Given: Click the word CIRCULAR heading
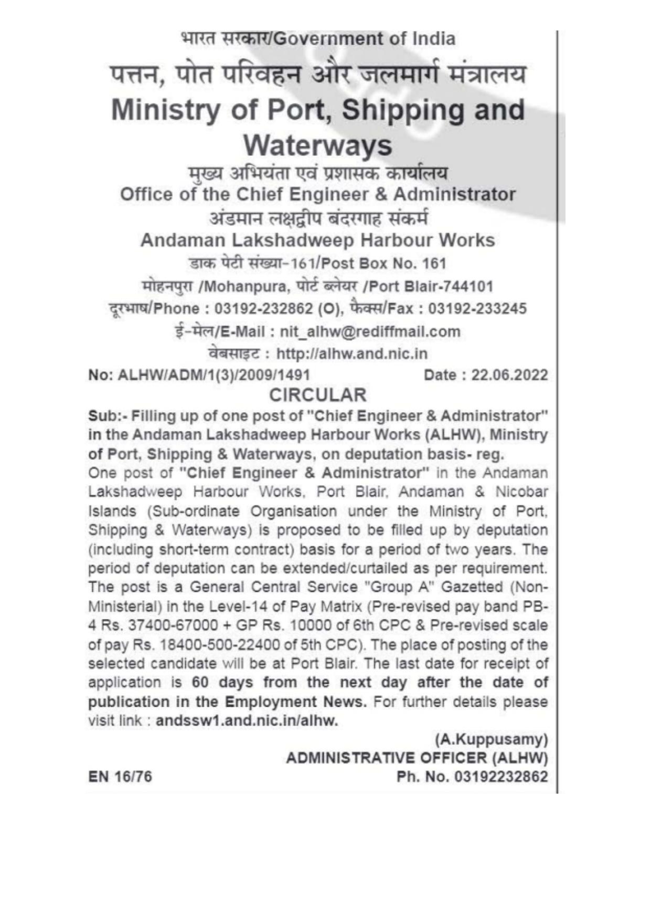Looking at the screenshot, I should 317,395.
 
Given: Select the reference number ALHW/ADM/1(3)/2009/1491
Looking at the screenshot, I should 214,375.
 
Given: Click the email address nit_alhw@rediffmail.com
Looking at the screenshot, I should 370,332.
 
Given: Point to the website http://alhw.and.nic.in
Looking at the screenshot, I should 351,354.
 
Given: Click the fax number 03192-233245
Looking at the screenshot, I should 477,309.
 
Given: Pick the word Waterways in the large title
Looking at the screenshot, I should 318,145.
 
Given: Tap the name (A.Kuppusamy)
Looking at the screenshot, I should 492,739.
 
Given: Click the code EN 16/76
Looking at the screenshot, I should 120,777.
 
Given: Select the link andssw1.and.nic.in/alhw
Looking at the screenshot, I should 247,720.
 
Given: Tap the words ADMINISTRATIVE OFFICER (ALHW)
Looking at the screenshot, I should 417,758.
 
